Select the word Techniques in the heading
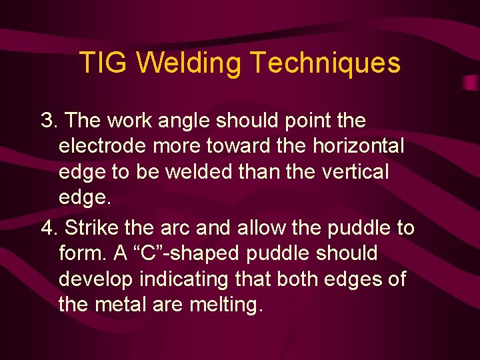tap(325, 63)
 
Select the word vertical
tap(350, 171)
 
